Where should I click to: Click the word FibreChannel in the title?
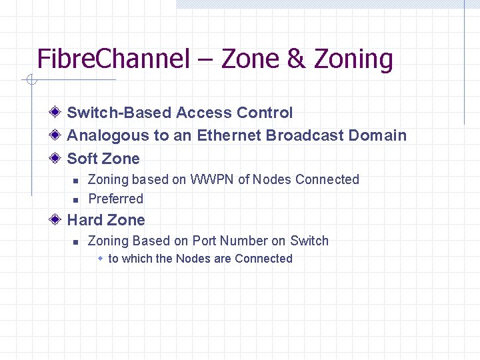click(x=113, y=59)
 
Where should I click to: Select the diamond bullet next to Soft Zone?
click(x=57, y=158)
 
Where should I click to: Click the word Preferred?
click(x=116, y=199)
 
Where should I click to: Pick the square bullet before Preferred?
click(x=76, y=199)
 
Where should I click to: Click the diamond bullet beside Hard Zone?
click(x=57, y=219)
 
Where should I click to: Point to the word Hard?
click(x=85, y=219)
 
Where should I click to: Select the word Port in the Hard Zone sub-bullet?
click(x=205, y=241)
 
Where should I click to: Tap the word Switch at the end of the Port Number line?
click(x=309, y=241)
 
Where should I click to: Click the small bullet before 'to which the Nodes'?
click(x=100, y=258)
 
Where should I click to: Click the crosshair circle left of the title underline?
click(x=31, y=81)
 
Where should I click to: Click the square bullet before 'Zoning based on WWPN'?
click(x=76, y=180)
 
